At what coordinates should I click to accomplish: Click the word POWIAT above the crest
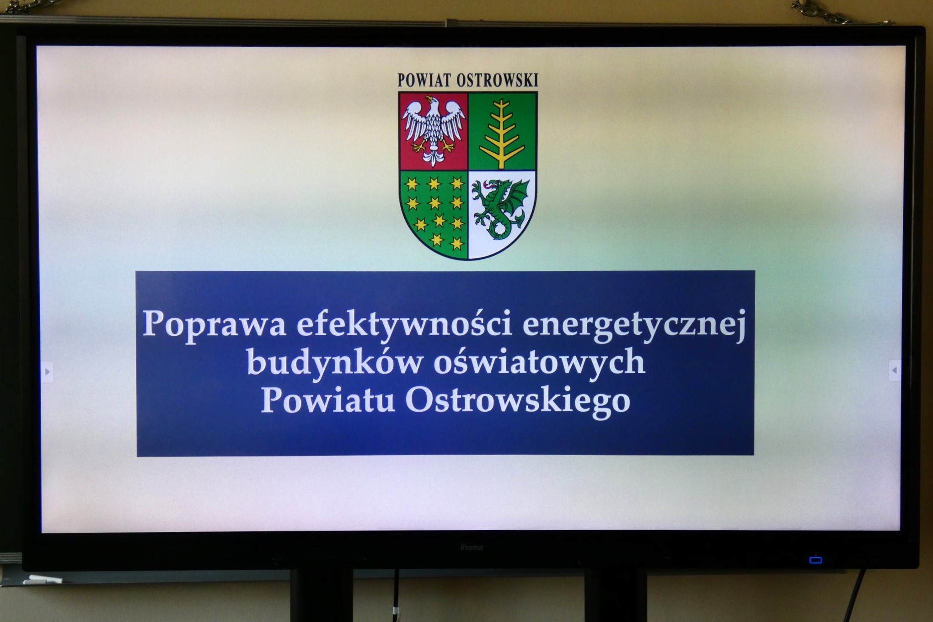[x=424, y=80]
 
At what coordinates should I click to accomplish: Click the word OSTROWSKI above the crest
[x=497, y=80]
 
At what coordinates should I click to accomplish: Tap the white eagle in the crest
[x=433, y=131]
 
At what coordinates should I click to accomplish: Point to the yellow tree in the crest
[x=502, y=133]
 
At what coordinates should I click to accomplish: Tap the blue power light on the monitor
[x=815, y=560]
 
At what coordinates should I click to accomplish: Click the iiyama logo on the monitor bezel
[x=471, y=547]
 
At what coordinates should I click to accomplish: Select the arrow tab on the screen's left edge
[x=47, y=372]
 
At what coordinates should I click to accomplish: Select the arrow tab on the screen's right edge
[x=894, y=370]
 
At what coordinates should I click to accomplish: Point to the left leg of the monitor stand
[x=321, y=595]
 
